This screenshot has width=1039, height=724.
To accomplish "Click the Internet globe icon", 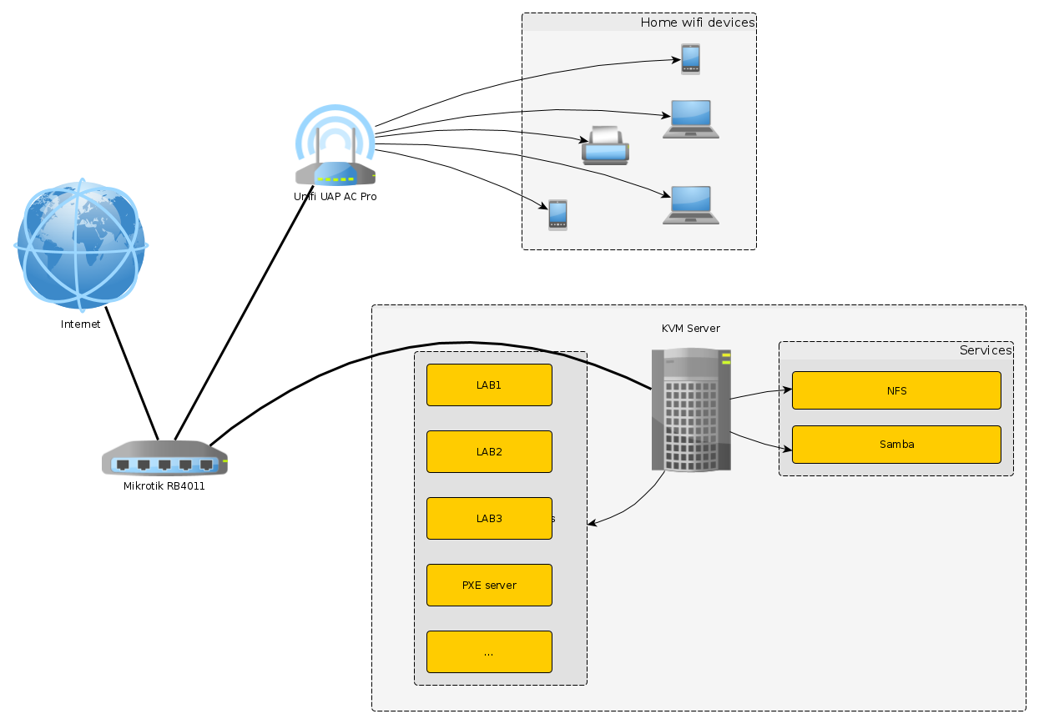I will [80, 244].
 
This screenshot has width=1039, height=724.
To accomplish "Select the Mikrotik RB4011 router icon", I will [164, 458].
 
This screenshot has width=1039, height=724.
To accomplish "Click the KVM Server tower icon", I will [691, 410].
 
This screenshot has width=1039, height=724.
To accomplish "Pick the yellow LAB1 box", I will [489, 385].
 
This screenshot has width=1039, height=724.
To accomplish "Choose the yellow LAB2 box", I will [489, 452].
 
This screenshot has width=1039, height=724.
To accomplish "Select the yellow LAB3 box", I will [489, 519].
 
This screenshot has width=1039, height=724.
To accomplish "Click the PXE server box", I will [489, 586].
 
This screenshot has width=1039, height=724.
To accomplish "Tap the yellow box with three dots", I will [489, 652].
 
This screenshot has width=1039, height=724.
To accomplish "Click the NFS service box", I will [896, 390].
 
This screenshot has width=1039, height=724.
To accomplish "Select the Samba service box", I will [896, 445].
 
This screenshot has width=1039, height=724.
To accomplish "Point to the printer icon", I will [605, 146].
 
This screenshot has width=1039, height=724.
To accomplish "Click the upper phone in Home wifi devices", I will [690, 59].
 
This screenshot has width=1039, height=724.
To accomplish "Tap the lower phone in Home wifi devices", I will [557, 215].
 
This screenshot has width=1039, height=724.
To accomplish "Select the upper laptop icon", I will [691, 119].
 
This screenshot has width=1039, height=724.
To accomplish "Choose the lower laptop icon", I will [691, 205].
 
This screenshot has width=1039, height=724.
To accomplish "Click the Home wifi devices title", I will [697, 23].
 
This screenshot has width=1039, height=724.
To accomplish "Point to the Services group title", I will [985, 350].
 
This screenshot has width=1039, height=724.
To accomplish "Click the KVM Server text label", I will [690, 329].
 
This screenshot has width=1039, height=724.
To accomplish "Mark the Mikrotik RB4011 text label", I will [164, 486].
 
